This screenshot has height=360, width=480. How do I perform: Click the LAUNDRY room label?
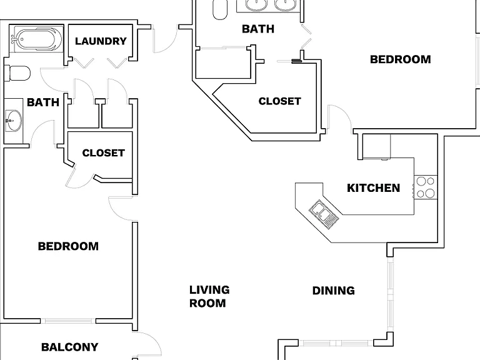[x=101, y=41]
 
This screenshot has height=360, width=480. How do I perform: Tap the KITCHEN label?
[x=374, y=188]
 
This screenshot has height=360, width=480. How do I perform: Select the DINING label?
[x=334, y=291]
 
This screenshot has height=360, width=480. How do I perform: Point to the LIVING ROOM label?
[x=209, y=296]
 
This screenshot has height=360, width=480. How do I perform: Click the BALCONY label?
[x=70, y=347]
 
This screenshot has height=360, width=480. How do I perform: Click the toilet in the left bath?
[x=17, y=74]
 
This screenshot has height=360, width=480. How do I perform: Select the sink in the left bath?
[x=14, y=121]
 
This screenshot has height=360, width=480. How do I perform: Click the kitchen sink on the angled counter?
[x=324, y=214]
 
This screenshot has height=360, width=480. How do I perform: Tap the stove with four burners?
[x=426, y=187]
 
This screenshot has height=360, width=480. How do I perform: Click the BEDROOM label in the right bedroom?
[x=401, y=59]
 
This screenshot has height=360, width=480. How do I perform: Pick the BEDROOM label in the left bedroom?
[x=68, y=246]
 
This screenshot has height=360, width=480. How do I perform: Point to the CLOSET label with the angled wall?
[x=280, y=101]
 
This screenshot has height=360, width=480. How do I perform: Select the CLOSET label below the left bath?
[x=104, y=153]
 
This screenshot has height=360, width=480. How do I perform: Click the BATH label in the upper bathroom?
[x=258, y=29]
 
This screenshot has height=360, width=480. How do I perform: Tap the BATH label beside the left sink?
[x=43, y=102]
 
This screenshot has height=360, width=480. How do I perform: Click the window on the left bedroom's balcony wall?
[x=68, y=321]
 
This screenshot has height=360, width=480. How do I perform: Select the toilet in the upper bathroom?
[x=220, y=9]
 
